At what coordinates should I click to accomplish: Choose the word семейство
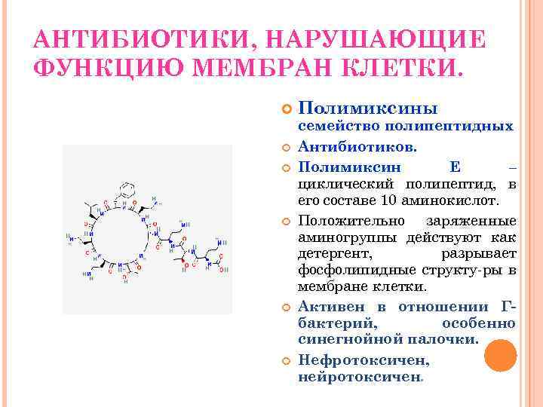click(340, 127)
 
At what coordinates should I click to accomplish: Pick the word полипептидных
click(452, 127)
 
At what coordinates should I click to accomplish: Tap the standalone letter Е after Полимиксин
click(454, 164)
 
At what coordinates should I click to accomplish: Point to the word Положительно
click(348, 221)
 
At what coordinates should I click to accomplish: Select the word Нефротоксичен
click(353, 360)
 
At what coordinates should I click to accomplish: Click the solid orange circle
click(500, 355)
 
